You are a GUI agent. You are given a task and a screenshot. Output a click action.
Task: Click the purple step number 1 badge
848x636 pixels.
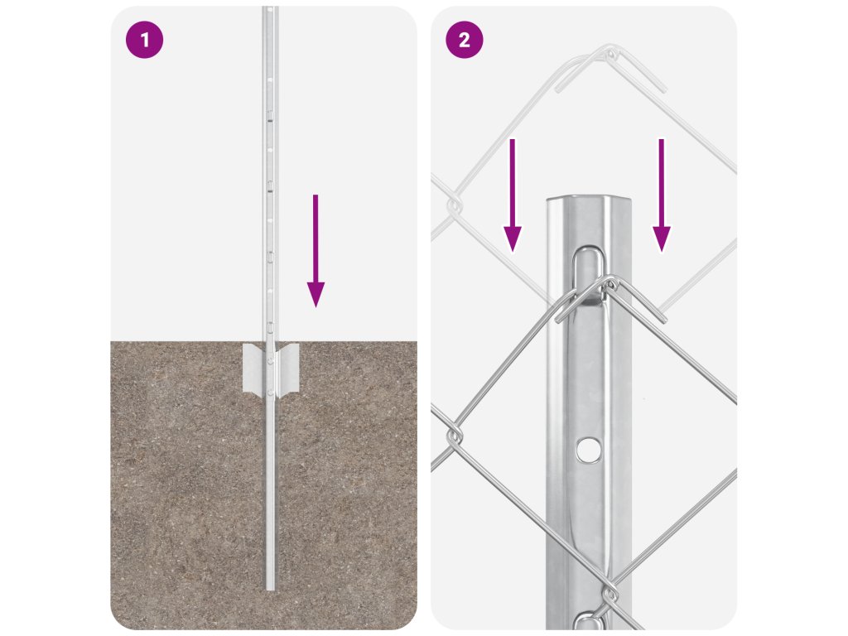pyautogui.click(x=144, y=40)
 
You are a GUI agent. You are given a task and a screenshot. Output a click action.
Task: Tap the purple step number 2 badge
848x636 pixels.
pyautogui.click(x=464, y=40)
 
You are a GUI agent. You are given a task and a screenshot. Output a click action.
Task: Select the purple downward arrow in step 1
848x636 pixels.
pyautogui.click(x=316, y=251)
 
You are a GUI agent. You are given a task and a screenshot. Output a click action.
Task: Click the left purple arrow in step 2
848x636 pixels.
pyautogui.click(x=513, y=195)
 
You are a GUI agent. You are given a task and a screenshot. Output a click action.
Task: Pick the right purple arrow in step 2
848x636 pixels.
pyautogui.click(x=662, y=195)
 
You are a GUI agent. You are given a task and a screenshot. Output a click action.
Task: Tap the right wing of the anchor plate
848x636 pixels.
pyautogui.click(x=287, y=368)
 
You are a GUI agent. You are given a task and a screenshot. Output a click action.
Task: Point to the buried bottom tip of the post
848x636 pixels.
pyautogui.click(x=270, y=589)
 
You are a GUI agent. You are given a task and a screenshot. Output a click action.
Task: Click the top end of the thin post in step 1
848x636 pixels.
pyautogui.click(x=270, y=8)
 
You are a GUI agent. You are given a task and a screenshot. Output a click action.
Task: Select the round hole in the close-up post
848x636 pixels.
pyautogui.click(x=589, y=449)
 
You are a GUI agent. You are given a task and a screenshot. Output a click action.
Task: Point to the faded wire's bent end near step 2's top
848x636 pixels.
pyautogui.click(x=661, y=86)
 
